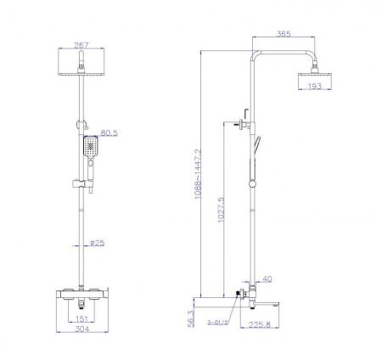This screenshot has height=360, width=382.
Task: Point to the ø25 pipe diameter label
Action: coord(98,244)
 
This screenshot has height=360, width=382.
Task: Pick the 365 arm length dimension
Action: coord(285,36)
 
